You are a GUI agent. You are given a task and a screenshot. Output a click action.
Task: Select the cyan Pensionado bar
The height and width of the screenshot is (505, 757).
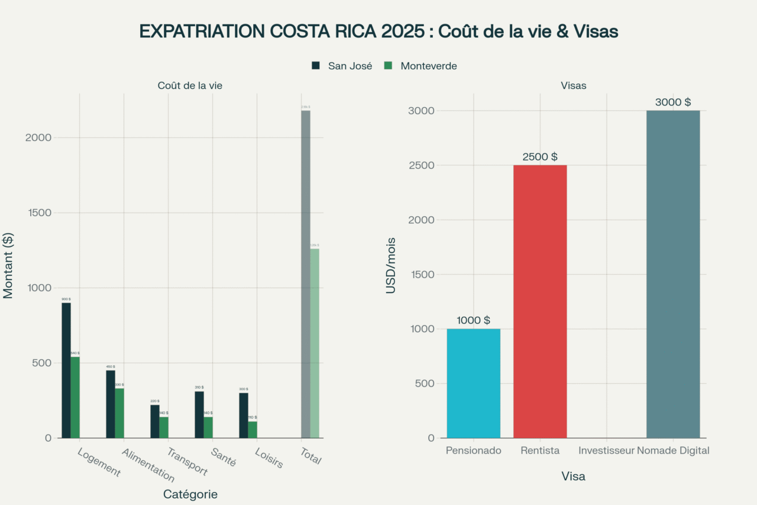473,383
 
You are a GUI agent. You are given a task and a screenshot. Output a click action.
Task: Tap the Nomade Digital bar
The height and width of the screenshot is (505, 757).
672,274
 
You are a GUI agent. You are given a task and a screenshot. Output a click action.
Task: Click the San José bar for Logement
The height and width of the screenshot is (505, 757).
66,370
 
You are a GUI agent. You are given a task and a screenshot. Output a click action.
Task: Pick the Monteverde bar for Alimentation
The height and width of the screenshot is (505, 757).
119,413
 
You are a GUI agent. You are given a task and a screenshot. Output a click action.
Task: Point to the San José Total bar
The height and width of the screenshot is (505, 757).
305,274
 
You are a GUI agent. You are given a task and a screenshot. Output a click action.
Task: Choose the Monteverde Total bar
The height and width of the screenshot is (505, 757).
315,343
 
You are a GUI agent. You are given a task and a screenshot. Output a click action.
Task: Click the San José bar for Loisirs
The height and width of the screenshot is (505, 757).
244,415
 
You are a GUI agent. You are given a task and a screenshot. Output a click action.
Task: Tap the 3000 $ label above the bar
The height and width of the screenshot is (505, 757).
672,102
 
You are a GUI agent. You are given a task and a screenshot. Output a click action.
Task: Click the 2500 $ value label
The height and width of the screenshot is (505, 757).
539,157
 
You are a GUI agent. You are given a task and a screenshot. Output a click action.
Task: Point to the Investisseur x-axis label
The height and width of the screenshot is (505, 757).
606,451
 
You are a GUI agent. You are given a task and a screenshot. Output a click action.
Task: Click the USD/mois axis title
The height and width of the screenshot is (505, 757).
391,265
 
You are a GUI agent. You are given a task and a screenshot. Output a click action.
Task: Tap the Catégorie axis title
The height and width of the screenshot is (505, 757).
190,494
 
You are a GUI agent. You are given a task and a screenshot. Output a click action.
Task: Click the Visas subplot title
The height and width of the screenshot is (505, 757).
573,86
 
